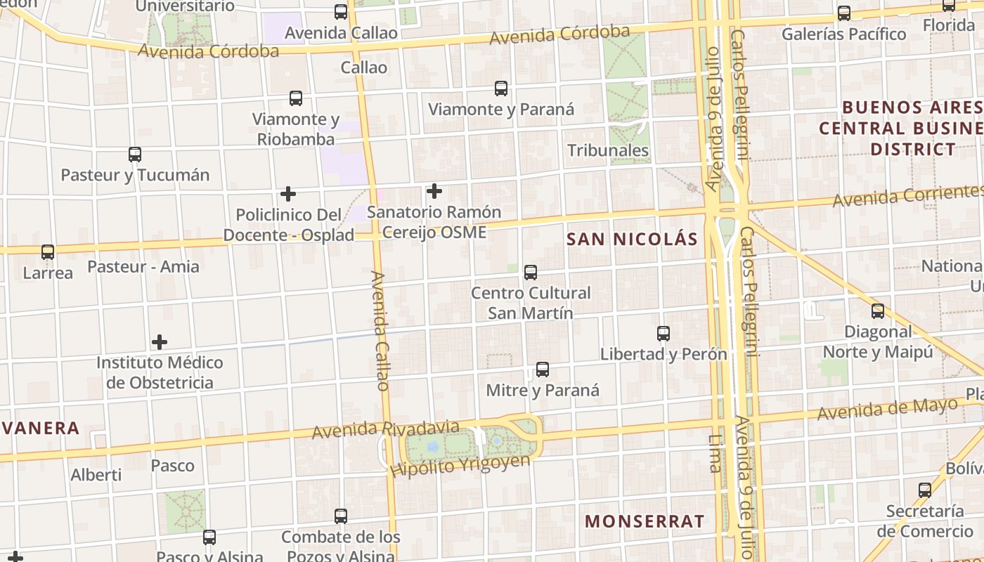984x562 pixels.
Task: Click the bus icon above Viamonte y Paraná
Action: click(501, 89)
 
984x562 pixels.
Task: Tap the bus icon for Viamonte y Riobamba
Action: click(296, 98)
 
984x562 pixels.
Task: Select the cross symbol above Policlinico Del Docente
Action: click(288, 194)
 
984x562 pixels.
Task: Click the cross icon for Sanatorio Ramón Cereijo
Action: click(434, 190)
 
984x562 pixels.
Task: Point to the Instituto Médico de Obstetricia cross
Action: click(160, 342)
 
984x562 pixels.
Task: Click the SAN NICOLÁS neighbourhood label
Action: click(632, 239)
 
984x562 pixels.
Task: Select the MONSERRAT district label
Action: click(645, 521)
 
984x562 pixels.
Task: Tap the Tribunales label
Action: click(608, 150)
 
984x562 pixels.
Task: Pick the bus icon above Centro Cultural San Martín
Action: click(531, 272)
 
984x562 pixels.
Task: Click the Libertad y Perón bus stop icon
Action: click(663, 333)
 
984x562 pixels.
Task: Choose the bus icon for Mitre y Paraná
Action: click(543, 370)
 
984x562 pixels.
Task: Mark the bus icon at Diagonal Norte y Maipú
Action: click(878, 311)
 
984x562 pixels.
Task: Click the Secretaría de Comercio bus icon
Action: click(925, 490)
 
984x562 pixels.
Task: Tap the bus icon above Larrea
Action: click(48, 251)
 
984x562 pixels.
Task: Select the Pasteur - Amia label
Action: click(143, 267)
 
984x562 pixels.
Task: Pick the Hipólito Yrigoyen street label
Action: click(460, 465)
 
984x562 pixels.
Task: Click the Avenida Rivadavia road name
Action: click(386, 429)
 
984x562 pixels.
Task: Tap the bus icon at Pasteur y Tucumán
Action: click(135, 155)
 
